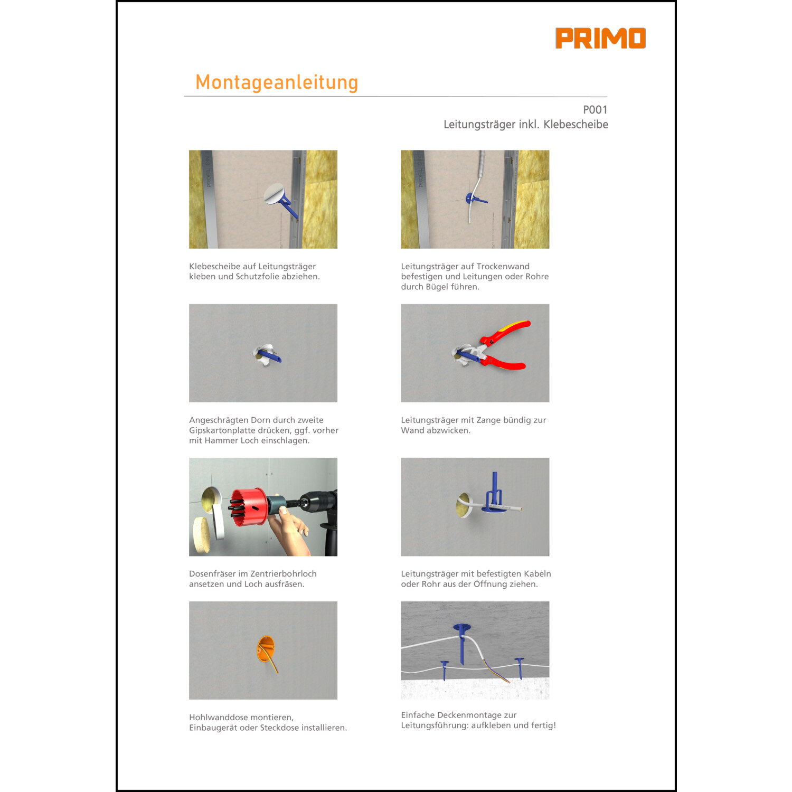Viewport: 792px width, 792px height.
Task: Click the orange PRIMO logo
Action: tap(600, 38)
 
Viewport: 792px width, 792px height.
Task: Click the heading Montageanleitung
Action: tap(277, 82)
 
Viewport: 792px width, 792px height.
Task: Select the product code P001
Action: tap(595, 110)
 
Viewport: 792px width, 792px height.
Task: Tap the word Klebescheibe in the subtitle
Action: tap(576, 125)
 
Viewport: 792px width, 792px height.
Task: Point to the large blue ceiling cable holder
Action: tap(462, 641)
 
